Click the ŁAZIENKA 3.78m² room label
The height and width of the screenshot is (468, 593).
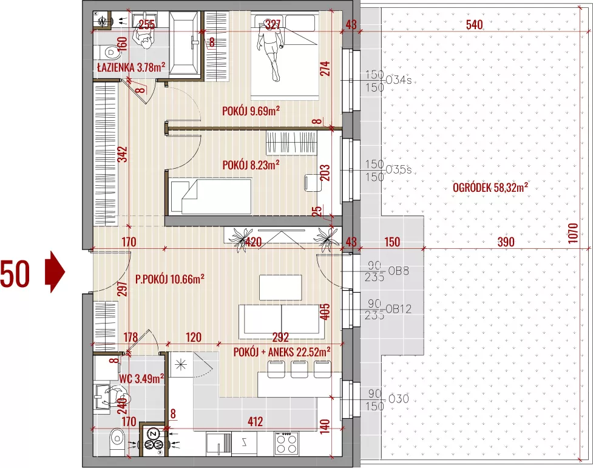131,67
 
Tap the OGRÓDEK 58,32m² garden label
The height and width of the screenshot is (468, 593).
490,188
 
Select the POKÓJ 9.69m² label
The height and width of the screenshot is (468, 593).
251,111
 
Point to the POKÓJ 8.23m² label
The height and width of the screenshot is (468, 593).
251,165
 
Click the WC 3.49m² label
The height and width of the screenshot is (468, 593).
141,378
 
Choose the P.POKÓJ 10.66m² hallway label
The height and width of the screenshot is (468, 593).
170,279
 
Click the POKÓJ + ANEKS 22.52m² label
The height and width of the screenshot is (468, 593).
282,352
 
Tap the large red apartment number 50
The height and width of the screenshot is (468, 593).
15,274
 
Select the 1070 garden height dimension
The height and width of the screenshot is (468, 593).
574,233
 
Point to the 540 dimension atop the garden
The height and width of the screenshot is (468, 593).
474,25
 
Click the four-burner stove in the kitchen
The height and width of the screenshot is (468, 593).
286,443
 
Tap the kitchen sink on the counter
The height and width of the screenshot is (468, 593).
219,443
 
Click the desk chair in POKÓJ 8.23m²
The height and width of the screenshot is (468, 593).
311,182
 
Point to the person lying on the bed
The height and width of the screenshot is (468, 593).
269,53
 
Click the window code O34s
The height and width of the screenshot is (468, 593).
398,80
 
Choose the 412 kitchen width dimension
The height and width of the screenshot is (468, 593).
256,421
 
